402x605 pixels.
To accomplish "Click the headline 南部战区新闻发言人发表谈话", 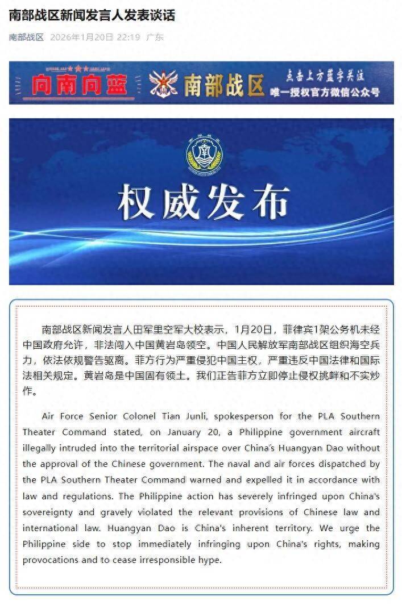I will pos(92,15).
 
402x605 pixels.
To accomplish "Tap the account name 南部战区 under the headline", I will pos(26,37).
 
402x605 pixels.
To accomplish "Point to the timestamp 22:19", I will pos(130,37).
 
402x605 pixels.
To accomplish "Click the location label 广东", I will pos(155,37).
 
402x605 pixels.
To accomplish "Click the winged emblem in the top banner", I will pos(163,84).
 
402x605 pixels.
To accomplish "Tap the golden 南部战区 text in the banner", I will pos(224,86).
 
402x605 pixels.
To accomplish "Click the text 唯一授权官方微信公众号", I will pos(333,92).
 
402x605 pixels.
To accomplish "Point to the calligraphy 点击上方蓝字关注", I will pos(325,76).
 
